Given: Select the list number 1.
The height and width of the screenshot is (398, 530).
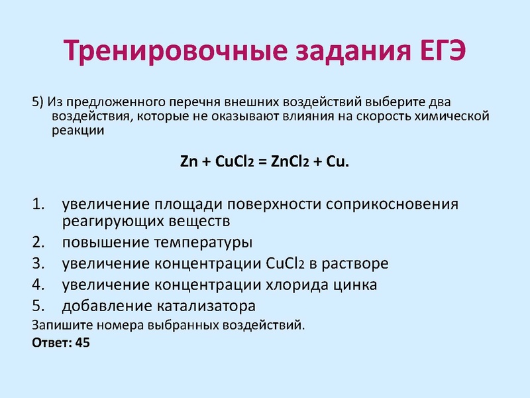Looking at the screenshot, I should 38,203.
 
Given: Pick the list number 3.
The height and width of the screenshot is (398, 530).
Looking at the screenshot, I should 38,263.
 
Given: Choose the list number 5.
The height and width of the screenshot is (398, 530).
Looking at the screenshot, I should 38,306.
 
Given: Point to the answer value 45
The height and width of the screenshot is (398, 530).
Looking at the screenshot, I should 83,344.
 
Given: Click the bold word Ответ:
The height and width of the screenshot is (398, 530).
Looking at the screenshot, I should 52,344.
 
